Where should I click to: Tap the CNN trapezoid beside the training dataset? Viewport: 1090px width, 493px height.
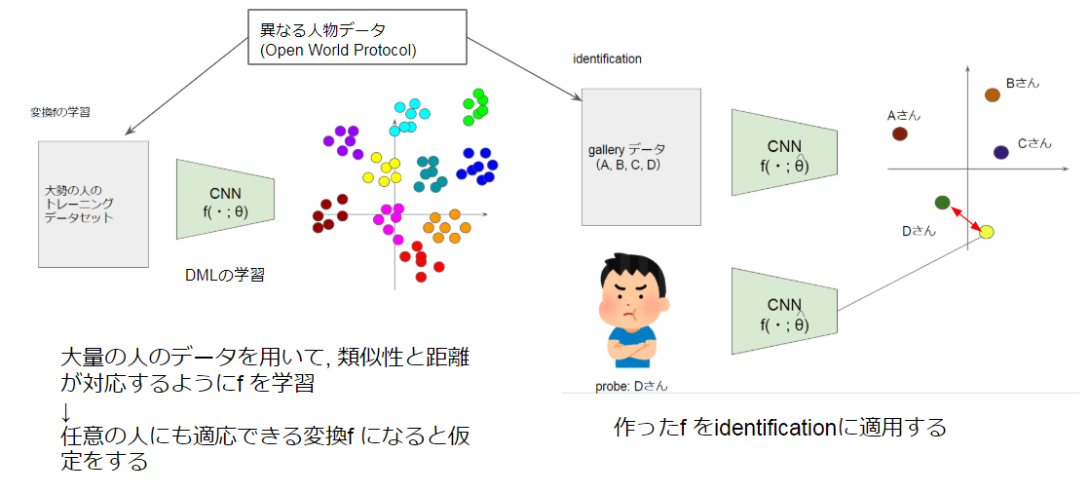click(225, 199)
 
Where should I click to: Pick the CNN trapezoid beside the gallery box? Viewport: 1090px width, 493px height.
click(784, 145)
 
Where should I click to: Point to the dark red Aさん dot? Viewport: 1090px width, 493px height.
click(899, 133)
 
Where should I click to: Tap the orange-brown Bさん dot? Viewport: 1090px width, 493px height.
click(992, 95)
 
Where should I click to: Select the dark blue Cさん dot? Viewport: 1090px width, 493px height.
click(1001, 152)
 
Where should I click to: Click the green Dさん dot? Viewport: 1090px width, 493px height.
click(942, 202)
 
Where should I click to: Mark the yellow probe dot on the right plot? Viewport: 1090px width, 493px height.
click(986, 232)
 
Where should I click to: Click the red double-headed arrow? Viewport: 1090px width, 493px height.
click(964, 217)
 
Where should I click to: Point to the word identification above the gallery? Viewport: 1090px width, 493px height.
click(607, 58)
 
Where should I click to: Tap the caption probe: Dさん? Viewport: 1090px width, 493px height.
click(631, 387)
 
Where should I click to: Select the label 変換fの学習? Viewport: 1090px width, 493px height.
click(60, 113)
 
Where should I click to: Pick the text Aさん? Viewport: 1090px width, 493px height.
click(903, 115)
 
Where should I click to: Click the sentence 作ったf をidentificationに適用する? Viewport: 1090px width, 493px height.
click(779, 427)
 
